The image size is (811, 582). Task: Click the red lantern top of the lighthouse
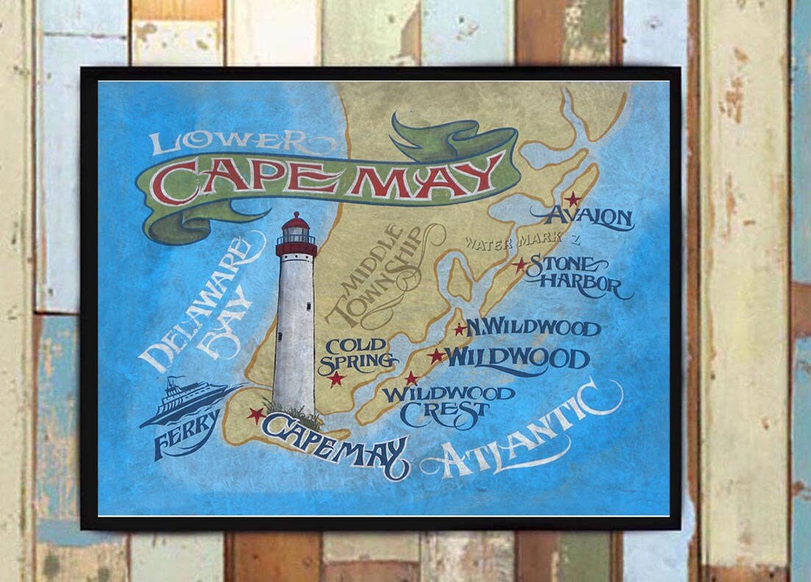coord(296,227)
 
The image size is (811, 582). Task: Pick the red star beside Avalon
coord(572,199)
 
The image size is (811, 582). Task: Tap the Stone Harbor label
coord(574,276)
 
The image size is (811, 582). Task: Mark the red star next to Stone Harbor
coord(520,265)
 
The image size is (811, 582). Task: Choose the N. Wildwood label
coord(533,328)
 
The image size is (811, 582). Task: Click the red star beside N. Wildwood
coord(460,330)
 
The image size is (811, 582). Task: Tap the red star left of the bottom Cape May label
coord(256,415)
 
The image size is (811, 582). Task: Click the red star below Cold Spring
coord(337,379)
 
